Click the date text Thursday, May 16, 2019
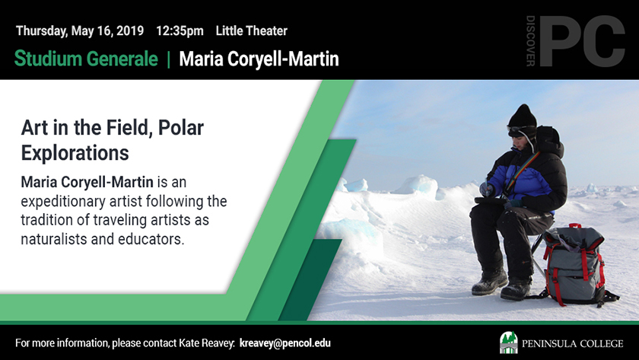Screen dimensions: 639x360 [x=80, y=31]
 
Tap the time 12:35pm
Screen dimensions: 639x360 [x=180, y=31]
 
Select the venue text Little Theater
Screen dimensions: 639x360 [x=252, y=30]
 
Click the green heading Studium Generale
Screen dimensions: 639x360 [x=86, y=59]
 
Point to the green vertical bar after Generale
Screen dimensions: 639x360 [x=168, y=59]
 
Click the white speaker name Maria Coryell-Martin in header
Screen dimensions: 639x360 [x=259, y=59]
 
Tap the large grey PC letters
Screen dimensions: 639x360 [x=582, y=41]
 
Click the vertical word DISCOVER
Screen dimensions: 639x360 [x=531, y=41]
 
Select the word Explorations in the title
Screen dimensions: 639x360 [x=75, y=153]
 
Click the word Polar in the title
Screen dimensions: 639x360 [x=181, y=128]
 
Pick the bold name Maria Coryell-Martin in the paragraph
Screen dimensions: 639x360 [x=87, y=182]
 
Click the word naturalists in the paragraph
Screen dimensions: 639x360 [x=54, y=239]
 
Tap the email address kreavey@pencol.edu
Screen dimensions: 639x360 [x=285, y=343]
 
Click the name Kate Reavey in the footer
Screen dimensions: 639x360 [x=207, y=343]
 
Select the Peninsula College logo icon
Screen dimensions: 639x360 [x=509, y=342]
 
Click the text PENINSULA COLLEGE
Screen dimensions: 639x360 [x=573, y=344]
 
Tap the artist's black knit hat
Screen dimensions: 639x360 [x=522, y=116]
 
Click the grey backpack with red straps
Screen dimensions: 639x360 [x=575, y=265]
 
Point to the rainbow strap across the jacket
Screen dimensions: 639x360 [x=521, y=171]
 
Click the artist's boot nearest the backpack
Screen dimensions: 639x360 [x=516, y=288]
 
